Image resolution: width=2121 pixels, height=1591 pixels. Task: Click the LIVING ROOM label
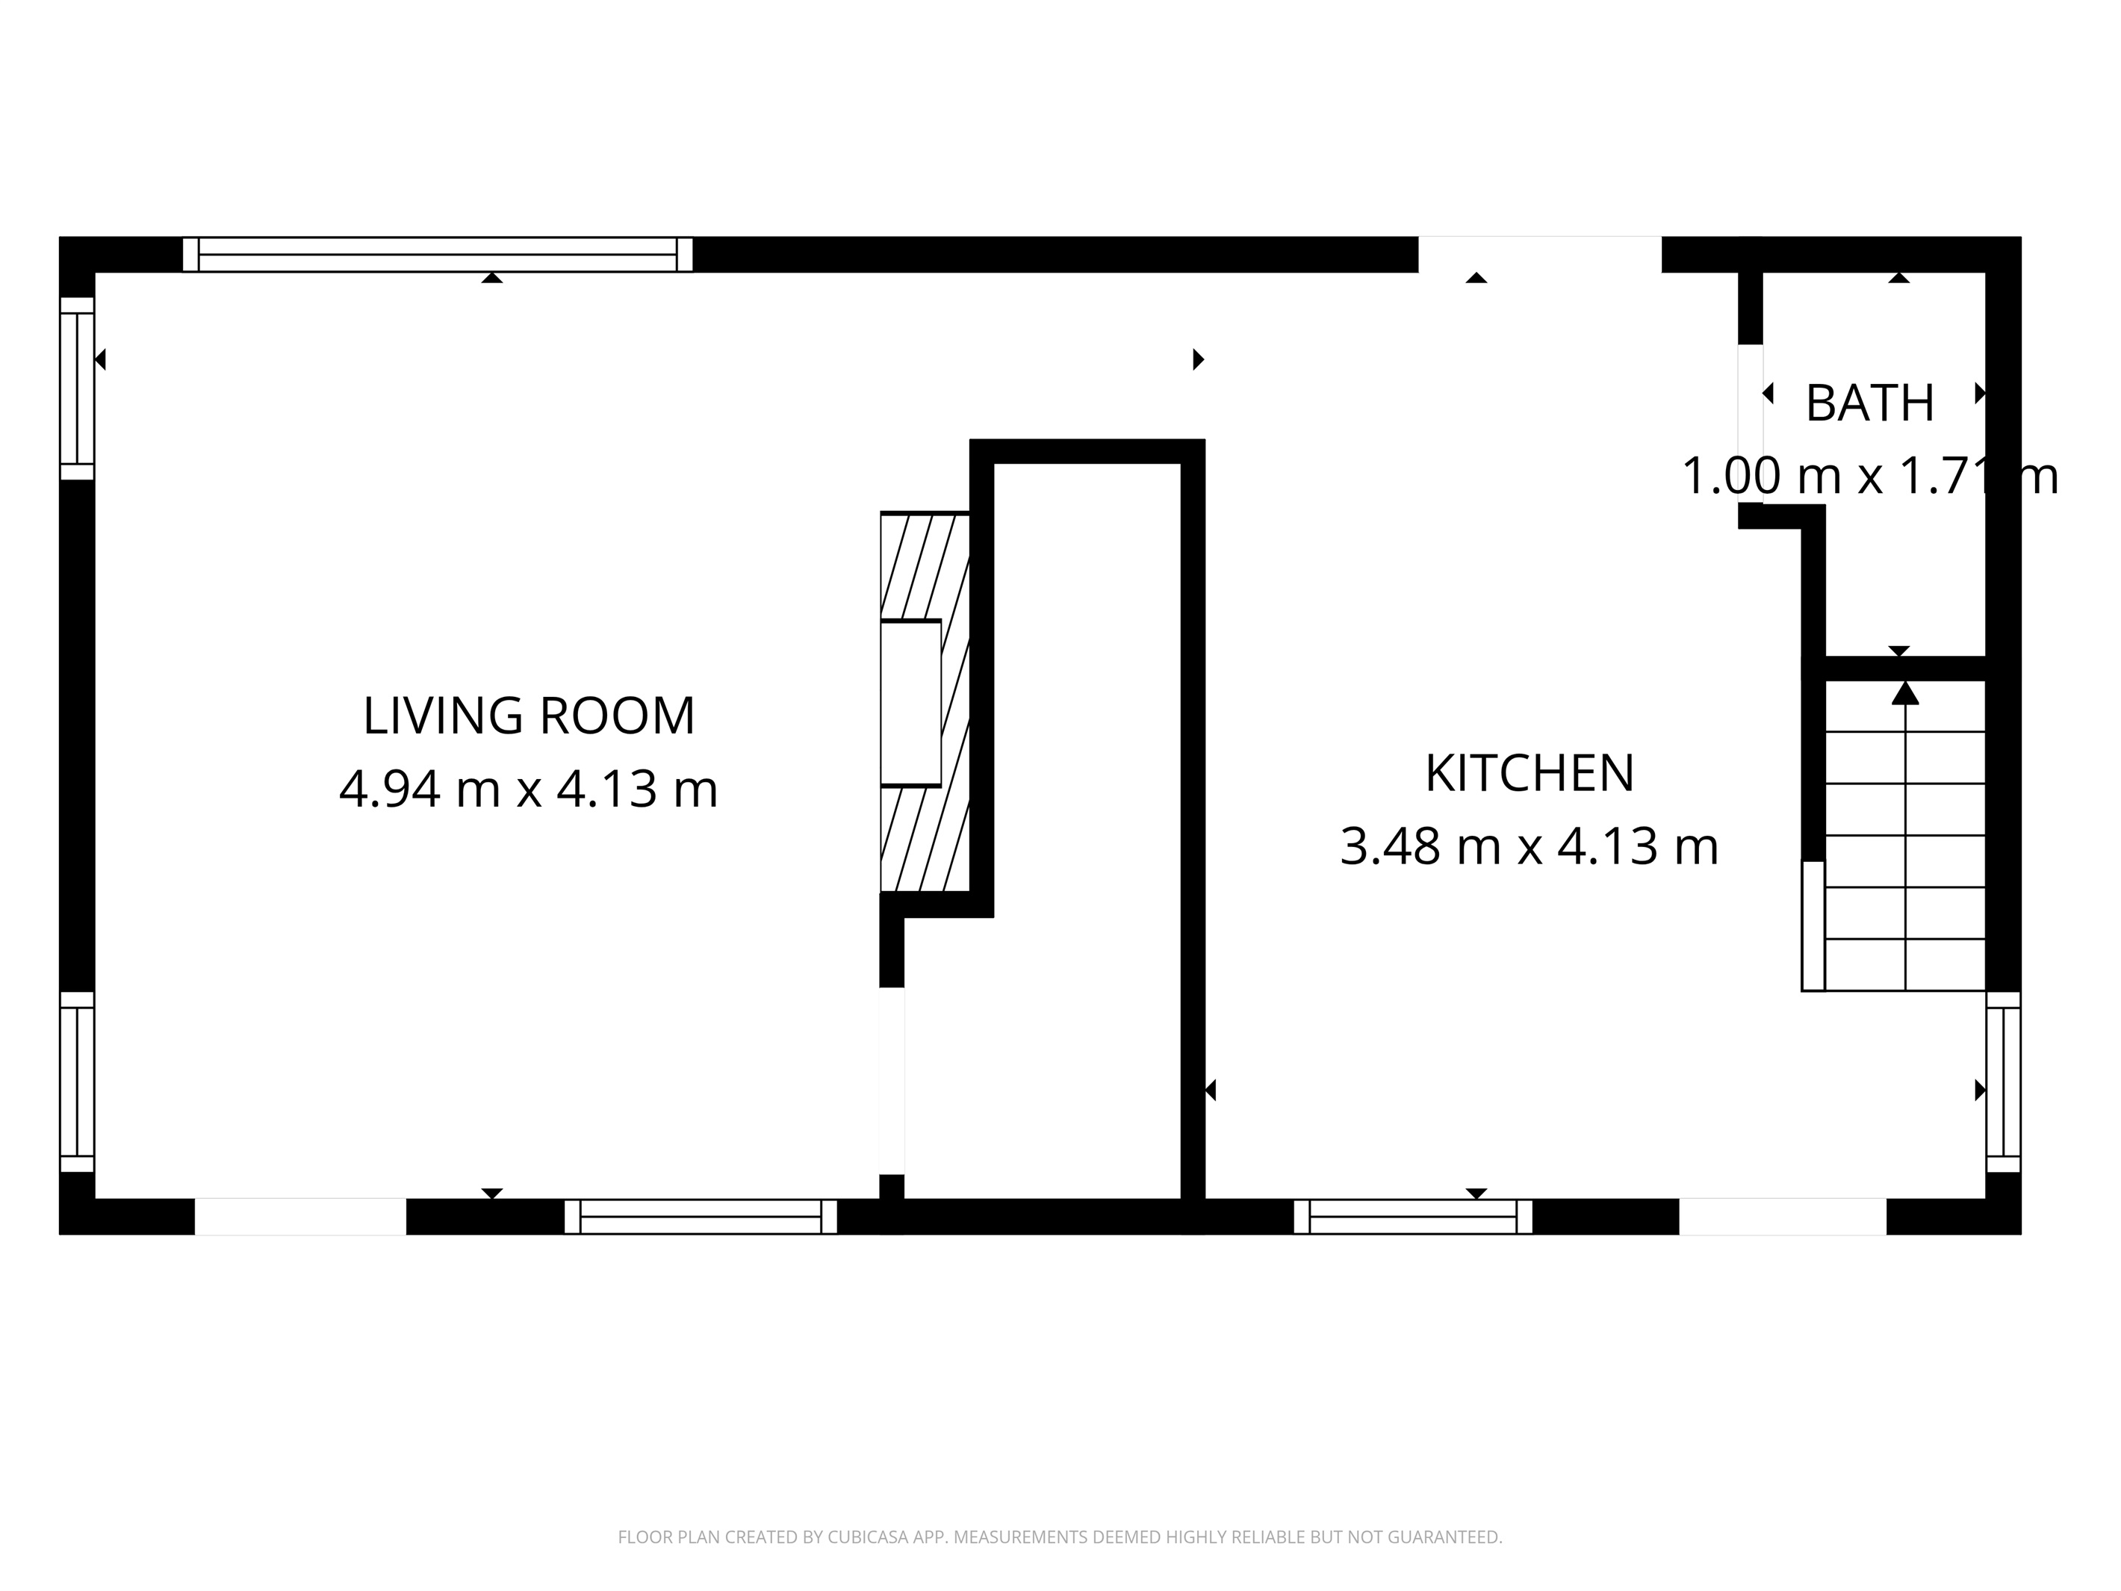[x=528, y=716]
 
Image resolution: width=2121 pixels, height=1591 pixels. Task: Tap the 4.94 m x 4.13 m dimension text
[x=528, y=790]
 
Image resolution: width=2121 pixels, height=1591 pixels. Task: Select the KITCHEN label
[x=1529, y=774]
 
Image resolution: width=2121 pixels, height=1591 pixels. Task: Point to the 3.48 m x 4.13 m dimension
[x=1529, y=847]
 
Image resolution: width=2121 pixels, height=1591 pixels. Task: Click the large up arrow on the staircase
[x=1904, y=692]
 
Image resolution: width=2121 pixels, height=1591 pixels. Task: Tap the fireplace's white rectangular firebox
[x=910, y=703]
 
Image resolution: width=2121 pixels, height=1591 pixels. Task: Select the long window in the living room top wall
[x=437, y=255]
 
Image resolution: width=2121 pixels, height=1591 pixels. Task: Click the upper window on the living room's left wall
[x=77, y=388]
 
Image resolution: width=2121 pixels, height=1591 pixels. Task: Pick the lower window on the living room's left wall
[x=77, y=1081]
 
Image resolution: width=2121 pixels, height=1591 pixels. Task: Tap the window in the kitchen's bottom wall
[x=1412, y=1216]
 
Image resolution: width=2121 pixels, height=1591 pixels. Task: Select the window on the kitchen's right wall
[x=2003, y=1081]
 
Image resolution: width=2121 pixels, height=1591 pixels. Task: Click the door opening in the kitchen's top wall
[x=1539, y=255]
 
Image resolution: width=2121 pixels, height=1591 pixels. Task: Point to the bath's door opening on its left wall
[x=1750, y=422]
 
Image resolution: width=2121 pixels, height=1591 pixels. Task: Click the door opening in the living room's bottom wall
[x=300, y=1216]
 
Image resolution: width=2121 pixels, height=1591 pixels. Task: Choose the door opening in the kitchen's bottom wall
[x=1783, y=1216]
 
